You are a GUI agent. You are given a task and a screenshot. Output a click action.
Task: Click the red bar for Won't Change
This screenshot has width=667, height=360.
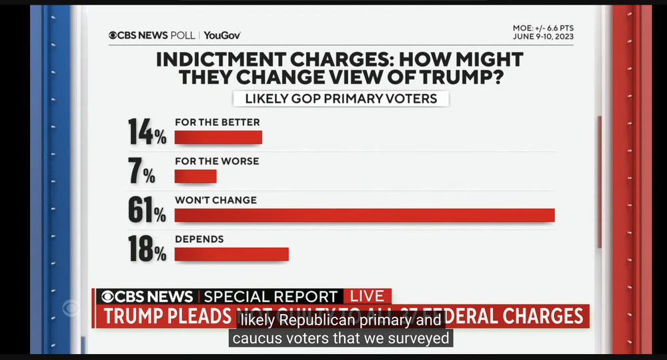pos(364,215)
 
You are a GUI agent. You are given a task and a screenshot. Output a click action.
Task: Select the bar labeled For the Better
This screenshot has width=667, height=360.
pos(218,137)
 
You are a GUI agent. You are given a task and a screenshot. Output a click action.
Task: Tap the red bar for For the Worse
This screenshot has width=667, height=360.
pos(195,176)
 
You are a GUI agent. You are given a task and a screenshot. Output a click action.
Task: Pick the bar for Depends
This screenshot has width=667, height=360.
pos(231,254)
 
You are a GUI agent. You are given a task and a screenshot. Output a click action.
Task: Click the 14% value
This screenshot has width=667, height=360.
pos(147,131)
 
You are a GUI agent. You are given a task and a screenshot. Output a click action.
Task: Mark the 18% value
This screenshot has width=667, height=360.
pos(147,248)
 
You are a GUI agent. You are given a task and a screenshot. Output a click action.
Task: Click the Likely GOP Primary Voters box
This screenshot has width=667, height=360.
pos(340,99)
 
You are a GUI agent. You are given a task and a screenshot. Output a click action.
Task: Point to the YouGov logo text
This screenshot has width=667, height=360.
pos(222,35)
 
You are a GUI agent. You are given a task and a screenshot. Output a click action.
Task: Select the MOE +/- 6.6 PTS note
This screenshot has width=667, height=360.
pos(544,28)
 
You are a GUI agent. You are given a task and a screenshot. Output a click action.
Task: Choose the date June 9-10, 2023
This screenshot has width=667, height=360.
pos(543,37)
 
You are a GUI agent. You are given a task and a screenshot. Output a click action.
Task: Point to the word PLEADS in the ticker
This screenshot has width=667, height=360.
pos(200,317)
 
